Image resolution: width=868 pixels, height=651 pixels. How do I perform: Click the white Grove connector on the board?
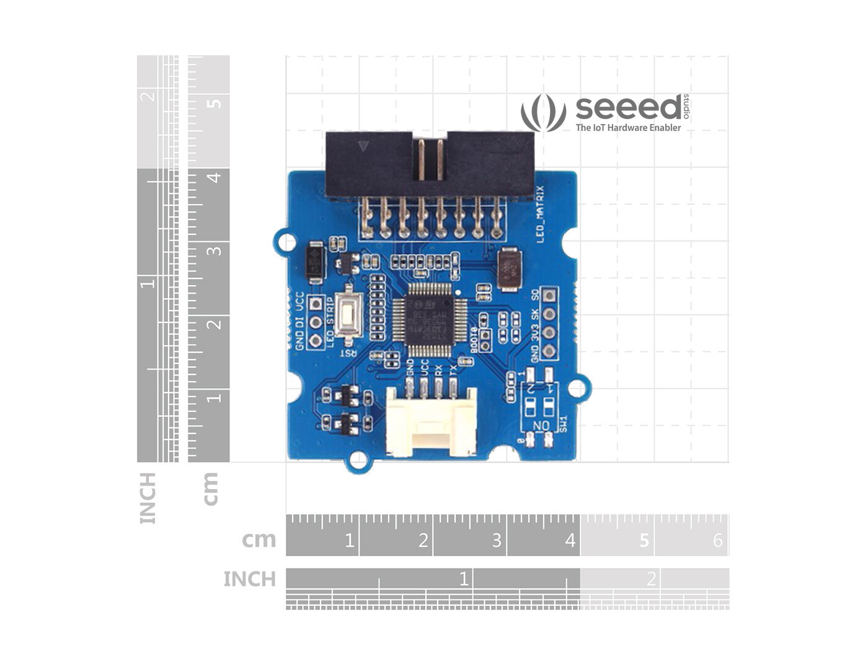coord(432,423)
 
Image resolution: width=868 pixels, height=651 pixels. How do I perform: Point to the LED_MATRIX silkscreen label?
coord(540,214)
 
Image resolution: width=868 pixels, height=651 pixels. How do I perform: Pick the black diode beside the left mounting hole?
coord(315,263)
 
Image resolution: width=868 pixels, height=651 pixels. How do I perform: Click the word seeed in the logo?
coord(627,108)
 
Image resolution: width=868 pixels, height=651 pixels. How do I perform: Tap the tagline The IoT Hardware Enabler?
coord(628,128)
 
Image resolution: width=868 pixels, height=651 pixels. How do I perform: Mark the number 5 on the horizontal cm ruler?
coord(644,541)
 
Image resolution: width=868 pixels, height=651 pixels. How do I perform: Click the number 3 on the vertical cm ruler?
coord(215,251)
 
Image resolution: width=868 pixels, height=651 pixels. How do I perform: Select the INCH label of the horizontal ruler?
coord(249,579)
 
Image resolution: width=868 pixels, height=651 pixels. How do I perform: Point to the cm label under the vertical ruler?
coord(211,489)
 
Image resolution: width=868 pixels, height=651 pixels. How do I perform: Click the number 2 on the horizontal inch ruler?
coord(651,579)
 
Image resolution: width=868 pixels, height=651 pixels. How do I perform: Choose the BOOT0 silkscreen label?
coord(474,340)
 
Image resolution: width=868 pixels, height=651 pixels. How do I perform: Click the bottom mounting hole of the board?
coord(358,460)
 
